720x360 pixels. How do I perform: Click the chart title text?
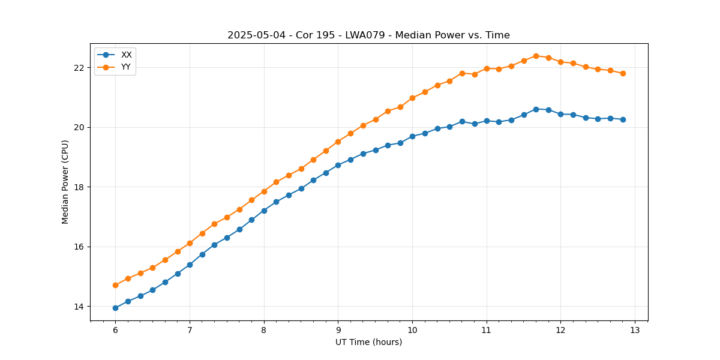368,35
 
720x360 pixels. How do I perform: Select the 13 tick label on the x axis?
635,330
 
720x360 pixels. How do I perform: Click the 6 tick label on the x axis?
115,330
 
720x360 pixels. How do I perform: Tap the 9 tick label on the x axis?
338,330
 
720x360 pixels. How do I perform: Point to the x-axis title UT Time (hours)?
368,342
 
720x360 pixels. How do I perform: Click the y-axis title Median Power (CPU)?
65,182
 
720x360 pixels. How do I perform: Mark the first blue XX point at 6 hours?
115,308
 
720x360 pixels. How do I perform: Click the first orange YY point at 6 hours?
115,285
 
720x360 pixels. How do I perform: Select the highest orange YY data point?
536,56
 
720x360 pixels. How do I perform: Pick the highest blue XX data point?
536,109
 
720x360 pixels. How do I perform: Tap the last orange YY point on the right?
623,73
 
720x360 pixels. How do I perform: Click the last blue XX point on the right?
623,119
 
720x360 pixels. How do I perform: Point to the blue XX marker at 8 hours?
264,211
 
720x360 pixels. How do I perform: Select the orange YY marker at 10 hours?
412,98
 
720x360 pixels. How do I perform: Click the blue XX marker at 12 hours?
560,114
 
